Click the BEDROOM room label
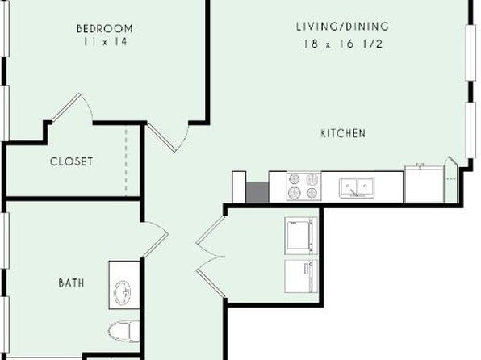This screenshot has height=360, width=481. point(105,28)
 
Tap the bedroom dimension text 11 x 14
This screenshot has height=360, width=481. point(105,41)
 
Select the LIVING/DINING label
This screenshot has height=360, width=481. point(343,27)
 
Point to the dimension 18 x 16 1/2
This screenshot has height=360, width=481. point(343,44)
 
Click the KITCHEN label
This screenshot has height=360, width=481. point(343,133)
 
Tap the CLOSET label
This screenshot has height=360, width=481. point(71,161)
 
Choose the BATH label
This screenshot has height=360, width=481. point(71,283)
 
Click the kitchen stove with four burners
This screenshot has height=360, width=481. point(303,186)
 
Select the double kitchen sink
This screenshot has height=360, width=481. point(357,187)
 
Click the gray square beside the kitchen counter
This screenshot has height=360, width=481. point(257,192)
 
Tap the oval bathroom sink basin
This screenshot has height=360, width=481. point(123,292)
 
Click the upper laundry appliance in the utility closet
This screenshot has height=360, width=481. point(301,236)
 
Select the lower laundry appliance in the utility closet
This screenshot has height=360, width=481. point(301,277)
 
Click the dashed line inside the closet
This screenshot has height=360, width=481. point(126,162)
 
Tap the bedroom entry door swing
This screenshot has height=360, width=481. point(167,137)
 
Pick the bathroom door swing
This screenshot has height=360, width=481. point(156,240)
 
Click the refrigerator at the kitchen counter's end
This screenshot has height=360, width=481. point(425,184)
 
